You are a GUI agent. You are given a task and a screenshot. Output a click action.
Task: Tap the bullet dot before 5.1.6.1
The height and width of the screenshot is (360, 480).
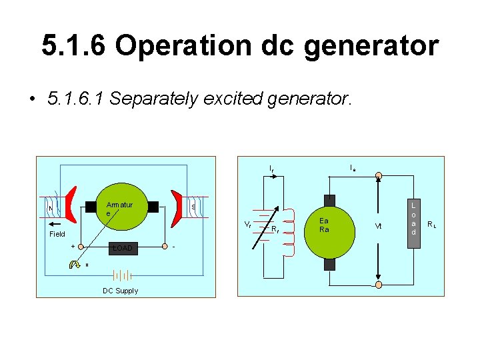point(31,100)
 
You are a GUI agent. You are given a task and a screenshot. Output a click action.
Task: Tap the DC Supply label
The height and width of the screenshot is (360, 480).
point(120,291)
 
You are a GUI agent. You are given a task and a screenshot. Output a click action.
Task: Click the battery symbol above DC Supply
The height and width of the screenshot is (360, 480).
point(121,275)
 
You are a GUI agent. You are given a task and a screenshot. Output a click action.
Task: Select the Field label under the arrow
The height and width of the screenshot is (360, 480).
point(57,234)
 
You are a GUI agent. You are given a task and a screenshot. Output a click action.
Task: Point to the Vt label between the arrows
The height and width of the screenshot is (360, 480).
point(378,227)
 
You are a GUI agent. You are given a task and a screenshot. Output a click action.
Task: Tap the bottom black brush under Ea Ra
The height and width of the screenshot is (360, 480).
point(329,263)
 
